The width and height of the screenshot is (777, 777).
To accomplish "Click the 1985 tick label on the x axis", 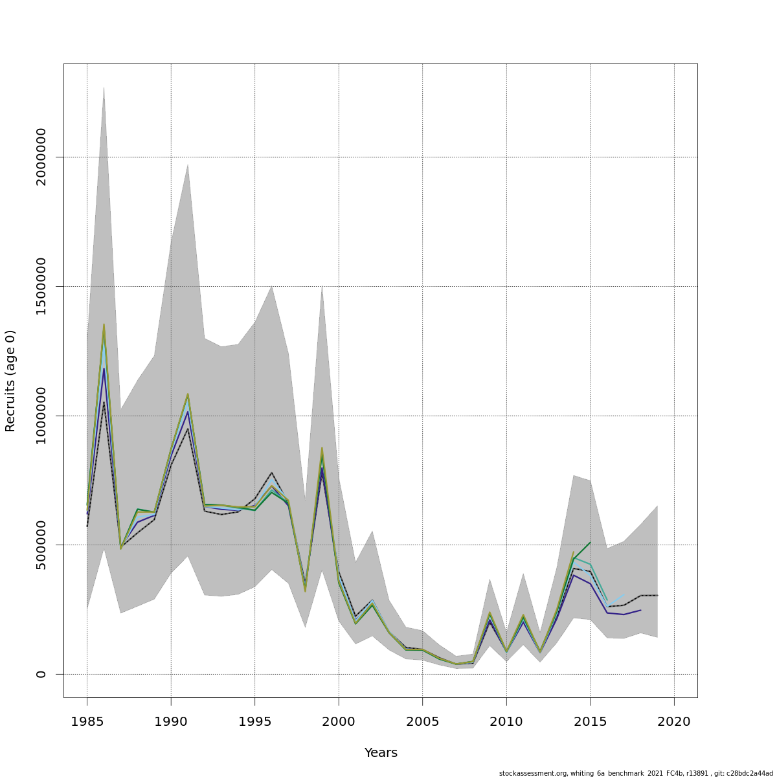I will (x=87, y=722).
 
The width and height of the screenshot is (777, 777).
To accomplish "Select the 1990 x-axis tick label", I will (x=171, y=722).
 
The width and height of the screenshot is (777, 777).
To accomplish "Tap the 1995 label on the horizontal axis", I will (x=254, y=722).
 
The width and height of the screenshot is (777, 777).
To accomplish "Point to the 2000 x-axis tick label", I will (x=339, y=722).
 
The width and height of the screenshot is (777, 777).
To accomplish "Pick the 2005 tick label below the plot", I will (x=422, y=722).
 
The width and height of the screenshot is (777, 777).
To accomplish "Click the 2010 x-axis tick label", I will (x=506, y=722).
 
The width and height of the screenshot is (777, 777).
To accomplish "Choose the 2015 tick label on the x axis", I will (x=590, y=722).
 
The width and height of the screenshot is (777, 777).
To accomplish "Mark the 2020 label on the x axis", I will (x=674, y=722).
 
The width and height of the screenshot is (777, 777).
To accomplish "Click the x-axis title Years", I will (x=381, y=753).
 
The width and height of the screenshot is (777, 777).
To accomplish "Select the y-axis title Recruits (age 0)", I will (x=10, y=381).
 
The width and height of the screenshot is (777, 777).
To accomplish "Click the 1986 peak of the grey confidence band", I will (x=104, y=87).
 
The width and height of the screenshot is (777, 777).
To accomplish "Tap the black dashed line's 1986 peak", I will (x=104, y=402).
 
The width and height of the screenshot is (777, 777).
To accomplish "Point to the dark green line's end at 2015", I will (x=590, y=543).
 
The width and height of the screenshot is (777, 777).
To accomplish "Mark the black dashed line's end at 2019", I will (x=657, y=595).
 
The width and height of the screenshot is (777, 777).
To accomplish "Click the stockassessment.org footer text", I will (x=635, y=773).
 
